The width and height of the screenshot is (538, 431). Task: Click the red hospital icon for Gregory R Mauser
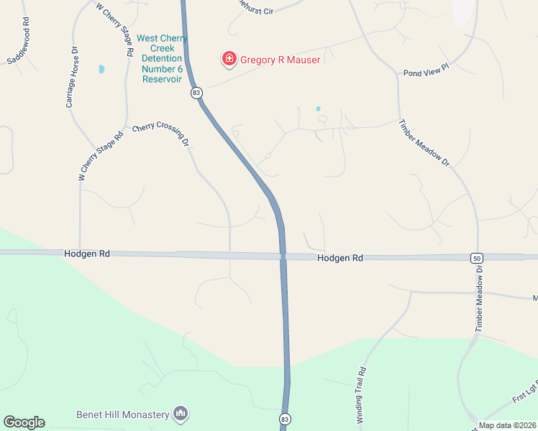[x=229, y=59]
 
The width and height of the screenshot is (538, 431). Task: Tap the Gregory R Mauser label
[x=280, y=60]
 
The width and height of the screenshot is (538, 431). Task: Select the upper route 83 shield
[x=196, y=93]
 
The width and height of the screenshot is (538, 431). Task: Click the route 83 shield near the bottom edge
[x=285, y=418]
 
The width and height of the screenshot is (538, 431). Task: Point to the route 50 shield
[x=476, y=258]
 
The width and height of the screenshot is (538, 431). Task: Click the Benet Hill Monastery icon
[x=181, y=413]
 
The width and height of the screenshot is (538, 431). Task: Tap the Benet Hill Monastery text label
[x=122, y=414]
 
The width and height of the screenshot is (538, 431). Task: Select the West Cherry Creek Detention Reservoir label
[x=162, y=58]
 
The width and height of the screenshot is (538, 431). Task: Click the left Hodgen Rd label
[x=86, y=254]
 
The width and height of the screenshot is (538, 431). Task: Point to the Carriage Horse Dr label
[x=71, y=78]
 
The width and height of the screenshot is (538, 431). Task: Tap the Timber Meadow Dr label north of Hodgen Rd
[x=424, y=142]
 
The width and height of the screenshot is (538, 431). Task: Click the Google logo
[x=24, y=422]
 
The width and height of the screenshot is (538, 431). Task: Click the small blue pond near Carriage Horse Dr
[x=101, y=70]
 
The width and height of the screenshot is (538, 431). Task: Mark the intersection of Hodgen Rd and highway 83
[x=283, y=256]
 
